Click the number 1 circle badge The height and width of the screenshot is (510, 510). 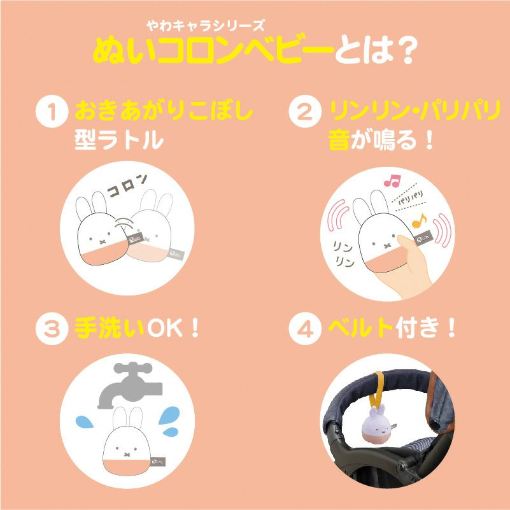pos(52,111)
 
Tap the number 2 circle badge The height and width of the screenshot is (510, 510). pos(305,111)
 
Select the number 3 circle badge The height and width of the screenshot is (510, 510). pos(52,329)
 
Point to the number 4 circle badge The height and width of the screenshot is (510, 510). pos(305,329)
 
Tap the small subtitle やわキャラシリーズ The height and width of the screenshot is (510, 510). pos(206,25)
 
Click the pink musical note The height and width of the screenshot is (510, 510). pos(392,181)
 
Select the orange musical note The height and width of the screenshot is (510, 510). pos(419,221)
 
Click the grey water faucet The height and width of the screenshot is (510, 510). pos(130,385)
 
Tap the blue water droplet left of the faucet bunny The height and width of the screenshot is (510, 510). pos(85,421)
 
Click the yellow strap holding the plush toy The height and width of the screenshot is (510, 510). pos(379,390)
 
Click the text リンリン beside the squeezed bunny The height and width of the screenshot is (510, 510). pos(343,254)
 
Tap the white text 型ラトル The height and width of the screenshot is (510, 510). pos(119,140)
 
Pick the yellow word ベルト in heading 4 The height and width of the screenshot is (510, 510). pos(360,328)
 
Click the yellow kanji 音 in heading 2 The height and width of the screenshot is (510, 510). pos(339,140)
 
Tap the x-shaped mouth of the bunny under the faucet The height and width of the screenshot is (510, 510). pos(127,454)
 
